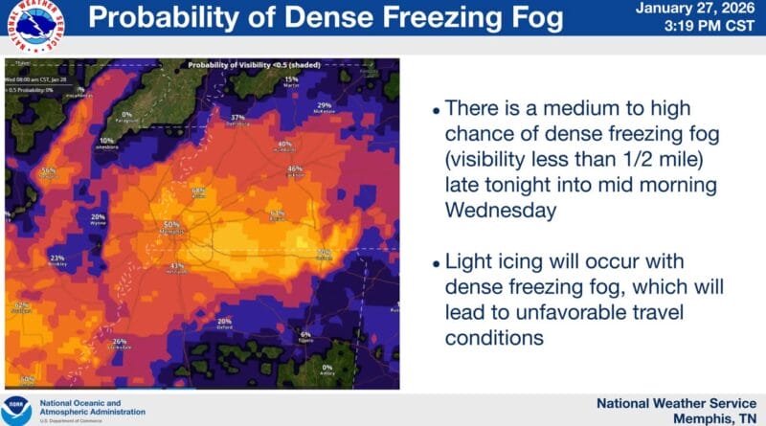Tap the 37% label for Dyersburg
(237, 118)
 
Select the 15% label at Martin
(292, 79)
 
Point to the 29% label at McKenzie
(324, 105)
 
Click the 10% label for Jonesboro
(105, 141)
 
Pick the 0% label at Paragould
(126, 115)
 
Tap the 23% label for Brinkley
(57, 258)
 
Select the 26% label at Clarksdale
(119, 342)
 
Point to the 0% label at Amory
(327, 368)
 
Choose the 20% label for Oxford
(224, 321)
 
